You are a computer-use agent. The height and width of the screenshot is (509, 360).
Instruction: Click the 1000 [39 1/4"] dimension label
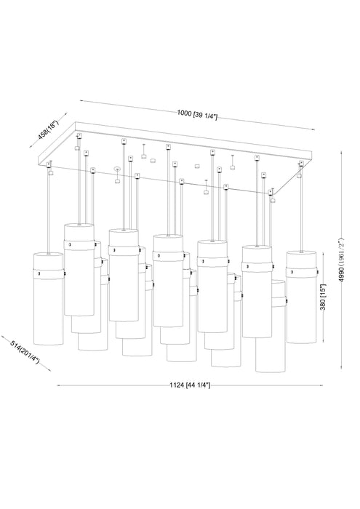197,113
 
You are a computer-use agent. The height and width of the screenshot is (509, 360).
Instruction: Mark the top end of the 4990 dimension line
343,151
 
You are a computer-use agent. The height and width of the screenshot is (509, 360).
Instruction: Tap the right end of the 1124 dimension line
320,385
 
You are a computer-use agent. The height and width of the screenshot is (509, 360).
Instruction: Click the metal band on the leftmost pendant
49,273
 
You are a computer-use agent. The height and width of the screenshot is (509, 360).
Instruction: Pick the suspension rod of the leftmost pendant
49,211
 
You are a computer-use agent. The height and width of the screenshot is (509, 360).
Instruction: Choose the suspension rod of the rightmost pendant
300,211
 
